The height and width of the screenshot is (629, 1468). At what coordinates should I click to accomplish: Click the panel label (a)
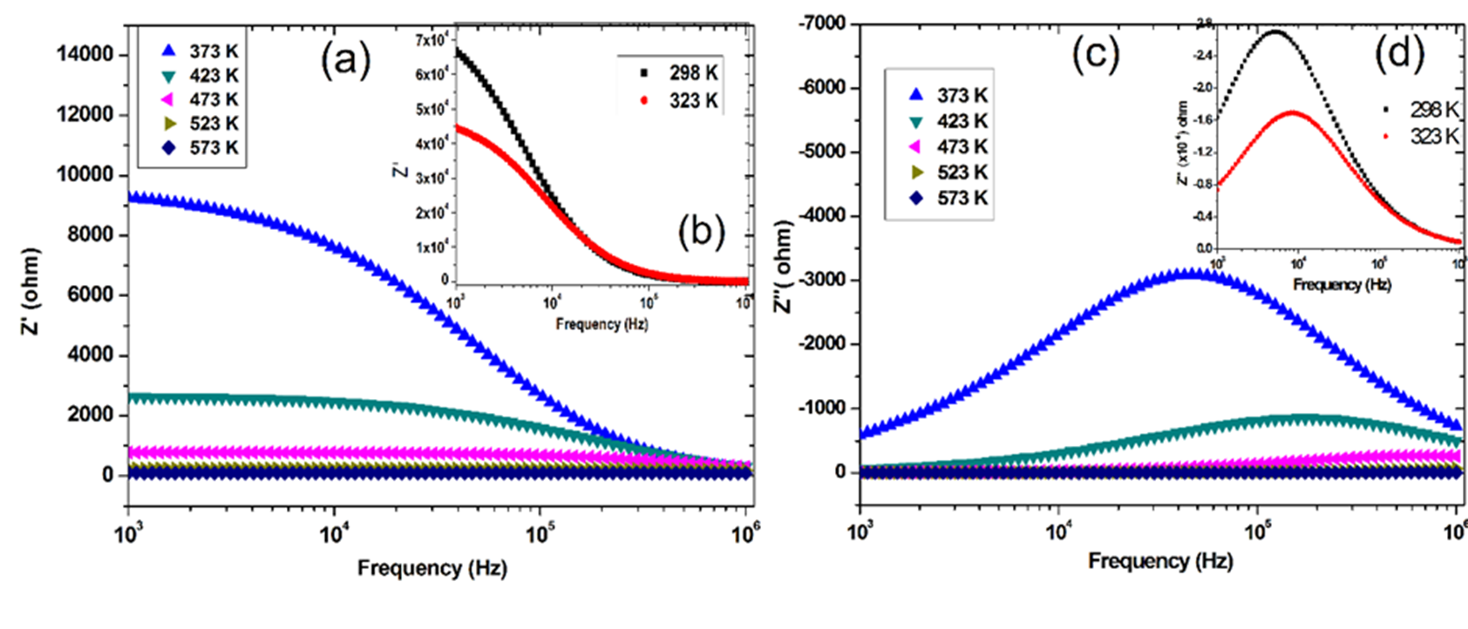click(x=346, y=60)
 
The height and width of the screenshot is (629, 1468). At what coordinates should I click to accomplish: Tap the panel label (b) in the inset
click(x=701, y=233)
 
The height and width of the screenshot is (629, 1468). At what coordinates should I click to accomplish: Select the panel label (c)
click(x=1095, y=54)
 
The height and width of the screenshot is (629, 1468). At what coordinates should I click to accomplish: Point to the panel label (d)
click(x=1399, y=53)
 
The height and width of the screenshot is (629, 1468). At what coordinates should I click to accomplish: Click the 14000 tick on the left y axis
click(x=85, y=54)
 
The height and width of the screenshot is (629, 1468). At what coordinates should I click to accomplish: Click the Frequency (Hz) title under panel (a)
click(x=432, y=569)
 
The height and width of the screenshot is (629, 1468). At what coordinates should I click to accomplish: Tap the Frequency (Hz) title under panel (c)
click(x=1160, y=561)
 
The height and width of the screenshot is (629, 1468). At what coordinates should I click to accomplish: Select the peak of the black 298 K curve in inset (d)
click(x=1275, y=32)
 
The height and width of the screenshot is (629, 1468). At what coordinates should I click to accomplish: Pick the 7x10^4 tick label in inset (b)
click(x=431, y=40)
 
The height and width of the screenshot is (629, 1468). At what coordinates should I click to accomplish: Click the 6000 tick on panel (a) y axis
click(x=92, y=294)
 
